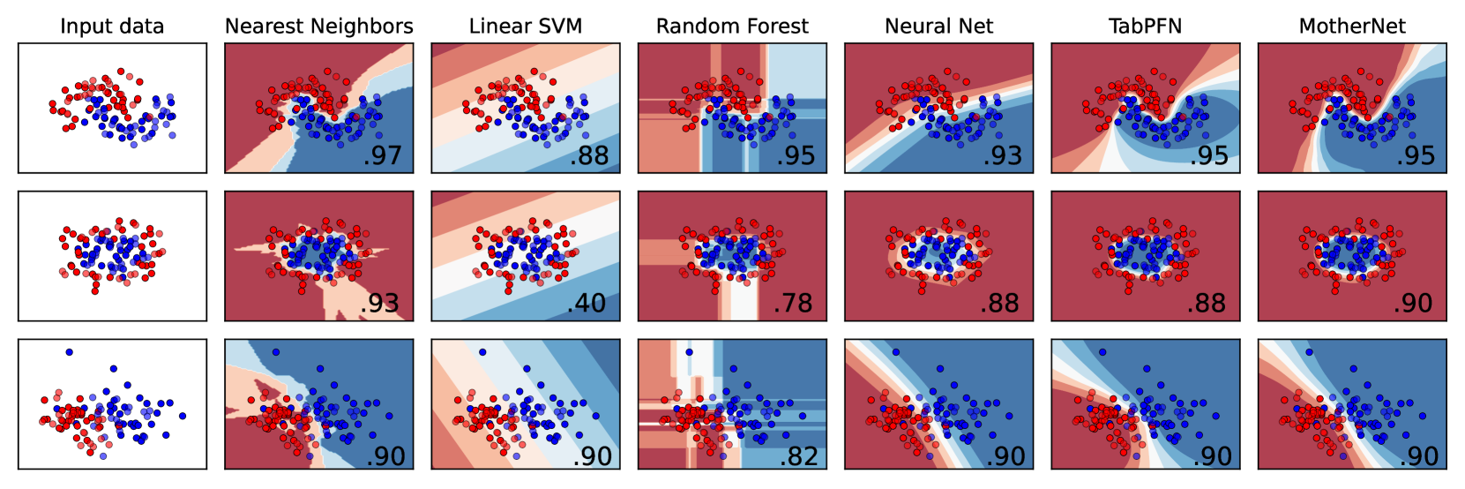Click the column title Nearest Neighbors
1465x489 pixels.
pyautogui.click(x=318, y=26)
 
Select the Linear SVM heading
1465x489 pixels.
pyautogui.click(x=526, y=26)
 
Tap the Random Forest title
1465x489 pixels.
pyautogui.click(x=732, y=26)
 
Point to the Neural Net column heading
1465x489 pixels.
pyautogui.click(x=938, y=26)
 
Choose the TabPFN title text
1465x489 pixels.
pyautogui.click(x=1145, y=26)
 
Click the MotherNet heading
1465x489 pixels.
pyautogui.click(x=1352, y=26)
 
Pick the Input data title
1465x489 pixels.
pyautogui.click(x=112, y=26)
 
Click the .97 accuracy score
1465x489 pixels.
pyautogui.click(x=382, y=156)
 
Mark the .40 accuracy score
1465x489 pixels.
pyautogui.click(x=587, y=304)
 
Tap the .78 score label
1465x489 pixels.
pyautogui.click(x=794, y=304)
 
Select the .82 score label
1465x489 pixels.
pyautogui.click(x=799, y=456)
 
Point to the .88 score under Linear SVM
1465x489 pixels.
pyautogui.click(x=589, y=156)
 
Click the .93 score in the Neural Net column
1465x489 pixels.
pyautogui.click(x=1002, y=156)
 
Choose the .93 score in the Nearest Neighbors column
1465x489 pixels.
pyautogui.click(x=381, y=304)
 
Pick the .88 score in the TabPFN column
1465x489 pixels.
pyautogui.click(x=1207, y=304)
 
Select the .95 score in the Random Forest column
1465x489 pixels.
pyautogui.click(x=796, y=156)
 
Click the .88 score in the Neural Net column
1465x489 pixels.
pyautogui.click(x=1000, y=304)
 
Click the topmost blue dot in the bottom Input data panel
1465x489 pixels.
pyautogui.click(x=69, y=352)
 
